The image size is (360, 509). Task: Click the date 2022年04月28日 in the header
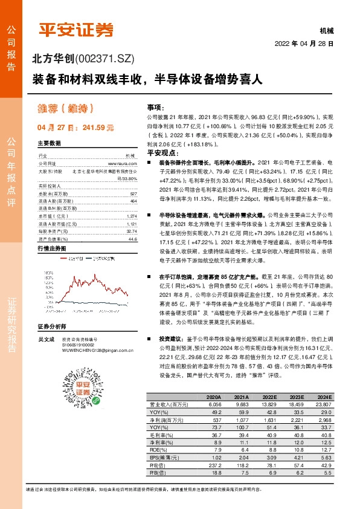(304, 44)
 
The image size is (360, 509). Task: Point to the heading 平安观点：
(160, 154)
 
